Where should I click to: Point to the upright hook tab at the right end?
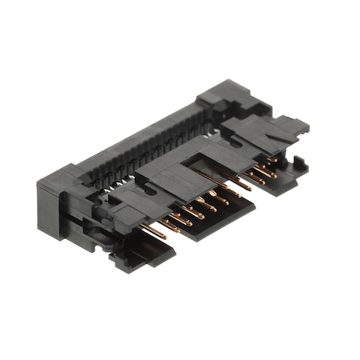pos(298,163)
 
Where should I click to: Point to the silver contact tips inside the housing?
pos(120,180)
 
